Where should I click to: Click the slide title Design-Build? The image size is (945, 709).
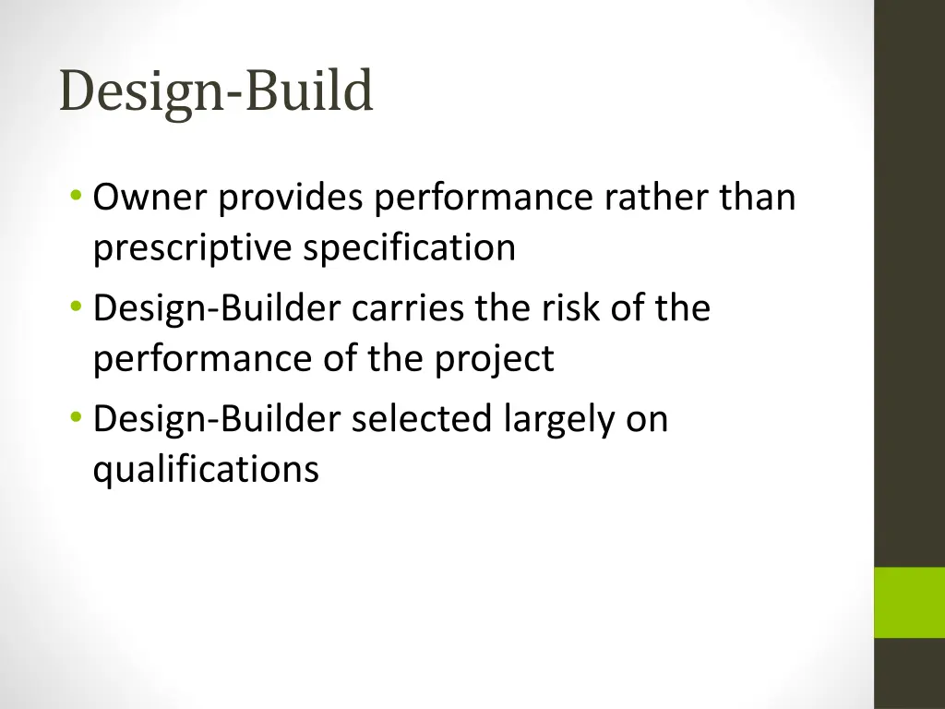(216, 91)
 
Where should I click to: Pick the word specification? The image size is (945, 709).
(411, 247)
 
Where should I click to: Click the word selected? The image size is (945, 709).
(422, 419)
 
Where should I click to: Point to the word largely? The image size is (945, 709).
(558, 419)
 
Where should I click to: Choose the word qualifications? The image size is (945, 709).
(206, 469)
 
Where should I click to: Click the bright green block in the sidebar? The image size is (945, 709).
(909, 602)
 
